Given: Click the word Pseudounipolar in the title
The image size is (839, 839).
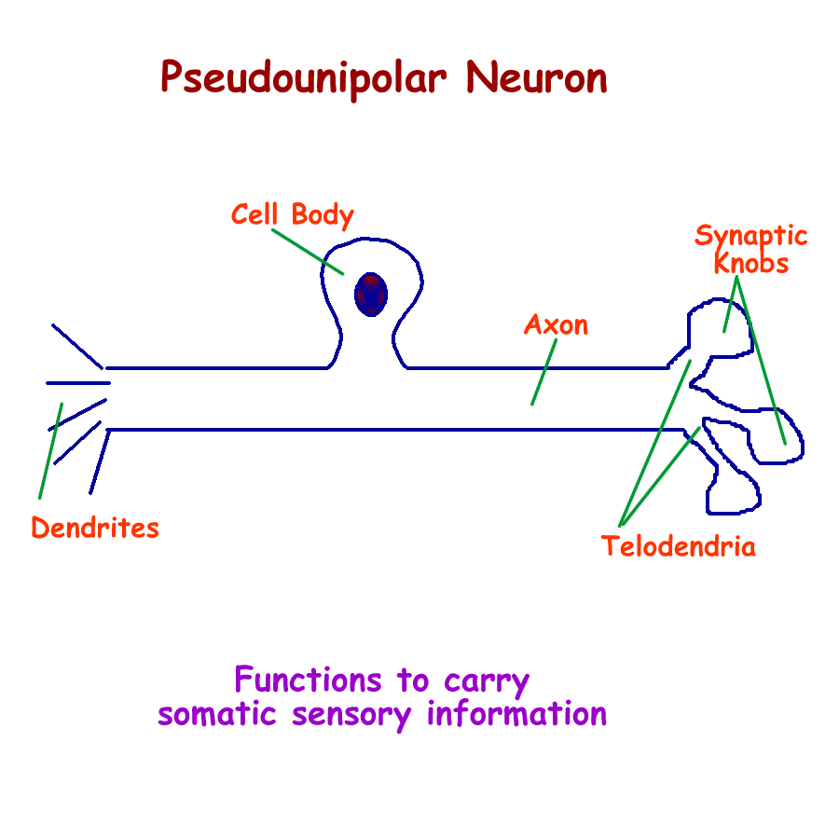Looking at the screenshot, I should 307,78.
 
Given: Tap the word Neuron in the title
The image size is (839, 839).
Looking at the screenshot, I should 537,78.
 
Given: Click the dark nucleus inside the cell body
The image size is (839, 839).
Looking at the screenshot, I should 371,295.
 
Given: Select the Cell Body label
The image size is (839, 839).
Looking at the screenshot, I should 292,214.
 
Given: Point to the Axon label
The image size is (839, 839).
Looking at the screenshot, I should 556,325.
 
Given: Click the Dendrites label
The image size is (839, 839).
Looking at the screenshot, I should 95,529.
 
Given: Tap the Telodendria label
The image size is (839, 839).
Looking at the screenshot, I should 678,546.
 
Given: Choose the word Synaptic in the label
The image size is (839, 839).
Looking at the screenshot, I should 750,237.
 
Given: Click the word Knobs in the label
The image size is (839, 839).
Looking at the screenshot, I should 751,264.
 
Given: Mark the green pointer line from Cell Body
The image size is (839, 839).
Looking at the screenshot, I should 309,251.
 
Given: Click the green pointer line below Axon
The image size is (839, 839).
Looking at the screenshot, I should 543,372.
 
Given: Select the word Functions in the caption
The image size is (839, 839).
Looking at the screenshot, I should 308,680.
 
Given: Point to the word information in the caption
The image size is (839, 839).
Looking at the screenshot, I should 516,715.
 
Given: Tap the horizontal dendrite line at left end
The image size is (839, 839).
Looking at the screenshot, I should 78,382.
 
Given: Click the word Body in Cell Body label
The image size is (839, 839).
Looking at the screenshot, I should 322,215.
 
